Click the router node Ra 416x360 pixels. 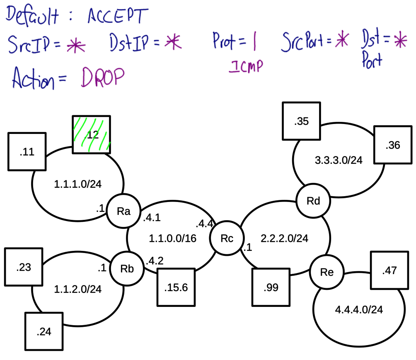[x=123, y=211]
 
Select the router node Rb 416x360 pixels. [x=126, y=268]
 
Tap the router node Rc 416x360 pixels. [x=227, y=238]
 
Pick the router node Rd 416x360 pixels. [x=313, y=202]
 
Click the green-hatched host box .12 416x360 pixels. [x=92, y=134]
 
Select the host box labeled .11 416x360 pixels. [x=27, y=152]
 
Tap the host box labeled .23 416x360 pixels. [x=24, y=267]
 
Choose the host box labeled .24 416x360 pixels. [x=44, y=331]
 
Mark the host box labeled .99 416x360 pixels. [x=271, y=287]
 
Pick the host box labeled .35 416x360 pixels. [x=301, y=122]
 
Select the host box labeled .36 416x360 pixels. [x=392, y=145]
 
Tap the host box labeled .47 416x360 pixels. [x=389, y=270]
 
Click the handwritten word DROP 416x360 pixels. [x=103, y=77]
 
